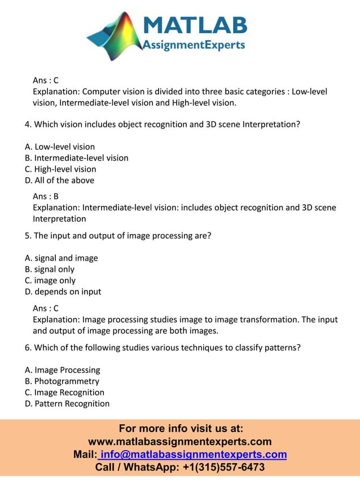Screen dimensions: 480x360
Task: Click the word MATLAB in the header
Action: pyautogui.click(x=195, y=25)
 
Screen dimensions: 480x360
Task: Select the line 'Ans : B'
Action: pyautogui.click(x=46, y=196)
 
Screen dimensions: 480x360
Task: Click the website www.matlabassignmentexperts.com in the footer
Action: pyautogui.click(x=180, y=442)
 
